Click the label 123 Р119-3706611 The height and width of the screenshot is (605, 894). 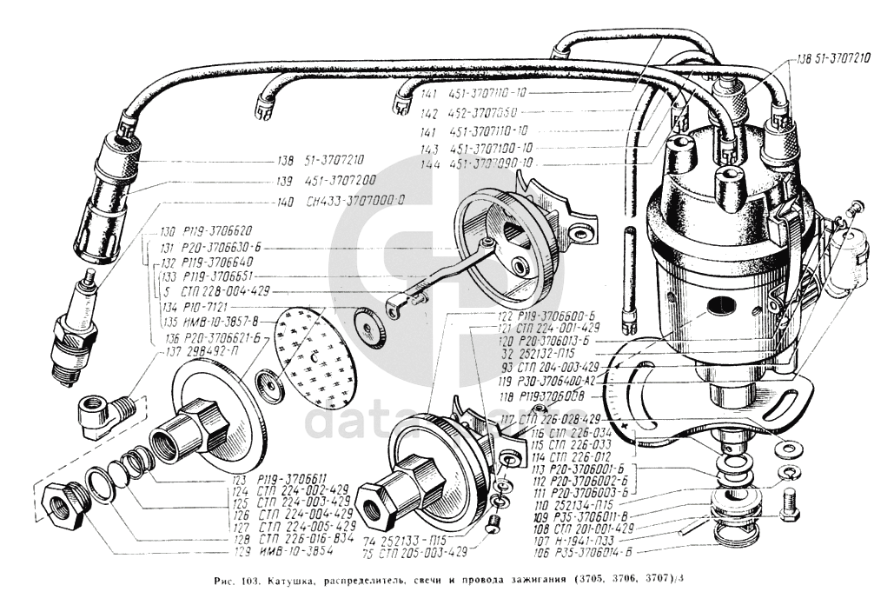coord(293,477)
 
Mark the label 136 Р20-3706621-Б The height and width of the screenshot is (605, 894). coord(211,337)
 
